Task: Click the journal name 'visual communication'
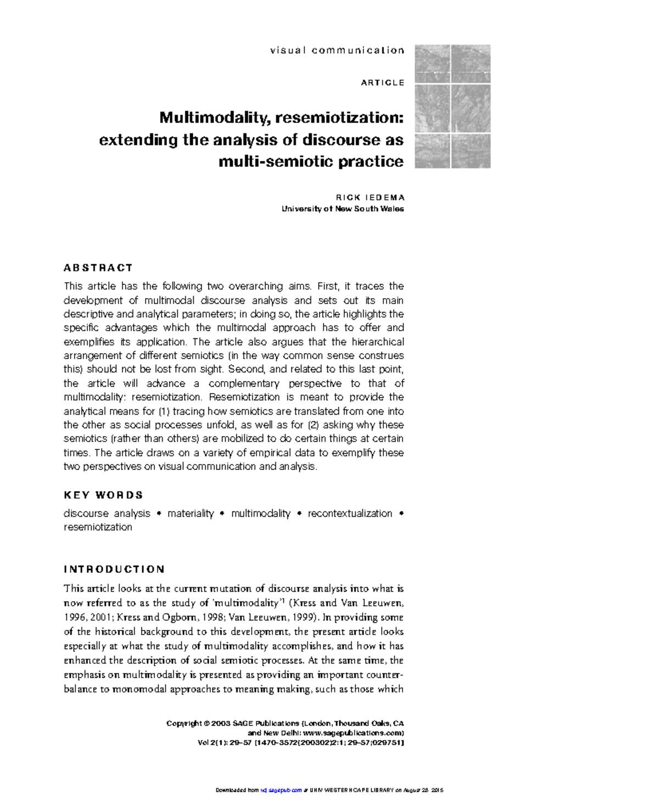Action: click(337, 51)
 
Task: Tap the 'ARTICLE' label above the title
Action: click(383, 82)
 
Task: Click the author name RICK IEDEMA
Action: click(370, 197)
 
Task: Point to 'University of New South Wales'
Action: click(343, 209)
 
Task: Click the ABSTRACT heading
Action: click(98, 268)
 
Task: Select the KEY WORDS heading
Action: click(103, 495)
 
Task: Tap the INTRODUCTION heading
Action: click(114, 569)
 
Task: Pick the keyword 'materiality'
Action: click(191, 513)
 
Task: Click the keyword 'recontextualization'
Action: click(350, 513)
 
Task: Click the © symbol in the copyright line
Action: click(206, 723)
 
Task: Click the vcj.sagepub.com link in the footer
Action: click(281, 790)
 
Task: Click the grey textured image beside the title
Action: click(453, 107)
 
